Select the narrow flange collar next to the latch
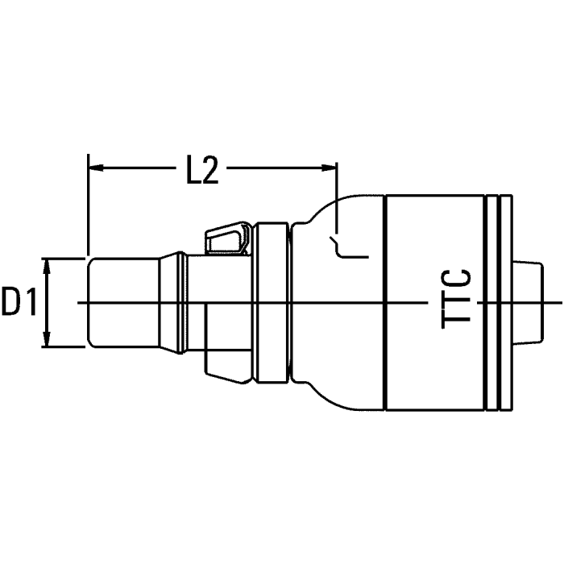(270, 302)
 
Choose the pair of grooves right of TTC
(500, 302)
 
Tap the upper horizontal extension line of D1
(64, 258)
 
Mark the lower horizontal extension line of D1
(64, 348)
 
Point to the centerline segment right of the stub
(552, 302)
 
